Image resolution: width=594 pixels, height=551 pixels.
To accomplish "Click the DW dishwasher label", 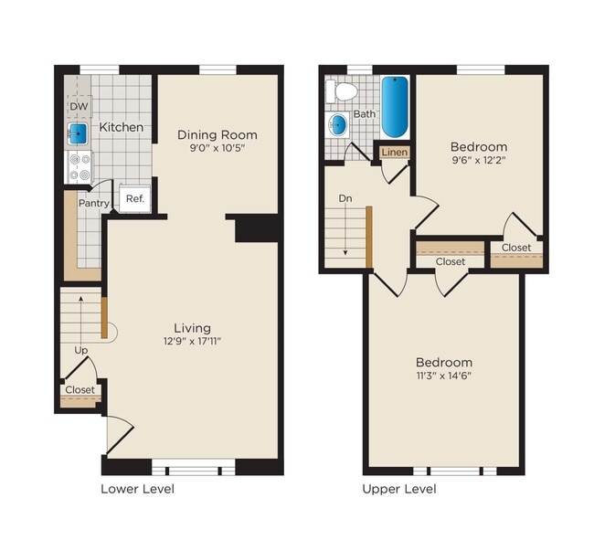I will (x=78, y=107).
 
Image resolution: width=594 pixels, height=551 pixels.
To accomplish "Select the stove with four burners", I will (x=79, y=167).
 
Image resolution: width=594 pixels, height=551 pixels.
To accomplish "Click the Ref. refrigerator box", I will (x=134, y=199).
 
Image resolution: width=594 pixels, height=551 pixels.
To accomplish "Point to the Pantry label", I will (x=94, y=203).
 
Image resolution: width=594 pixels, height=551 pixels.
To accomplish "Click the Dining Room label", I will (x=217, y=134).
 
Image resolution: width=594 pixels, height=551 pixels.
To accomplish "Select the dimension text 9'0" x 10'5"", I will (x=217, y=148).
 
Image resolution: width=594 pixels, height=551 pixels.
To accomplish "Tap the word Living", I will (x=192, y=328).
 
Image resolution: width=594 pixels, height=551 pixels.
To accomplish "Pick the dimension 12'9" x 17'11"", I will (x=192, y=342).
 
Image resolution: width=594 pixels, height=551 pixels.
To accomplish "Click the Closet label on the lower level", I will (x=80, y=390).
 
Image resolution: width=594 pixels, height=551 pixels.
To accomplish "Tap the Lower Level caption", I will (x=137, y=489).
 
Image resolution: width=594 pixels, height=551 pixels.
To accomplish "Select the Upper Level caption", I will (x=399, y=489).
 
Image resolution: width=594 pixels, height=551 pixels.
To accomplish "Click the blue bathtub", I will (x=394, y=106).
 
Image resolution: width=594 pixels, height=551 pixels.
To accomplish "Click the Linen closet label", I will (x=394, y=153).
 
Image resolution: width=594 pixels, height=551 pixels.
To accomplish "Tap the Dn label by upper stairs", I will (x=345, y=197).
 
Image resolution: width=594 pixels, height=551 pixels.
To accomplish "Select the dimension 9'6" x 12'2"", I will (x=479, y=161).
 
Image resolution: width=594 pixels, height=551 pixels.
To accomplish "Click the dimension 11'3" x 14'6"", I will (x=445, y=376).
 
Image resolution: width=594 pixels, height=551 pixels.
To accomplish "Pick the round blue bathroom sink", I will (x=339, y=125).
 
